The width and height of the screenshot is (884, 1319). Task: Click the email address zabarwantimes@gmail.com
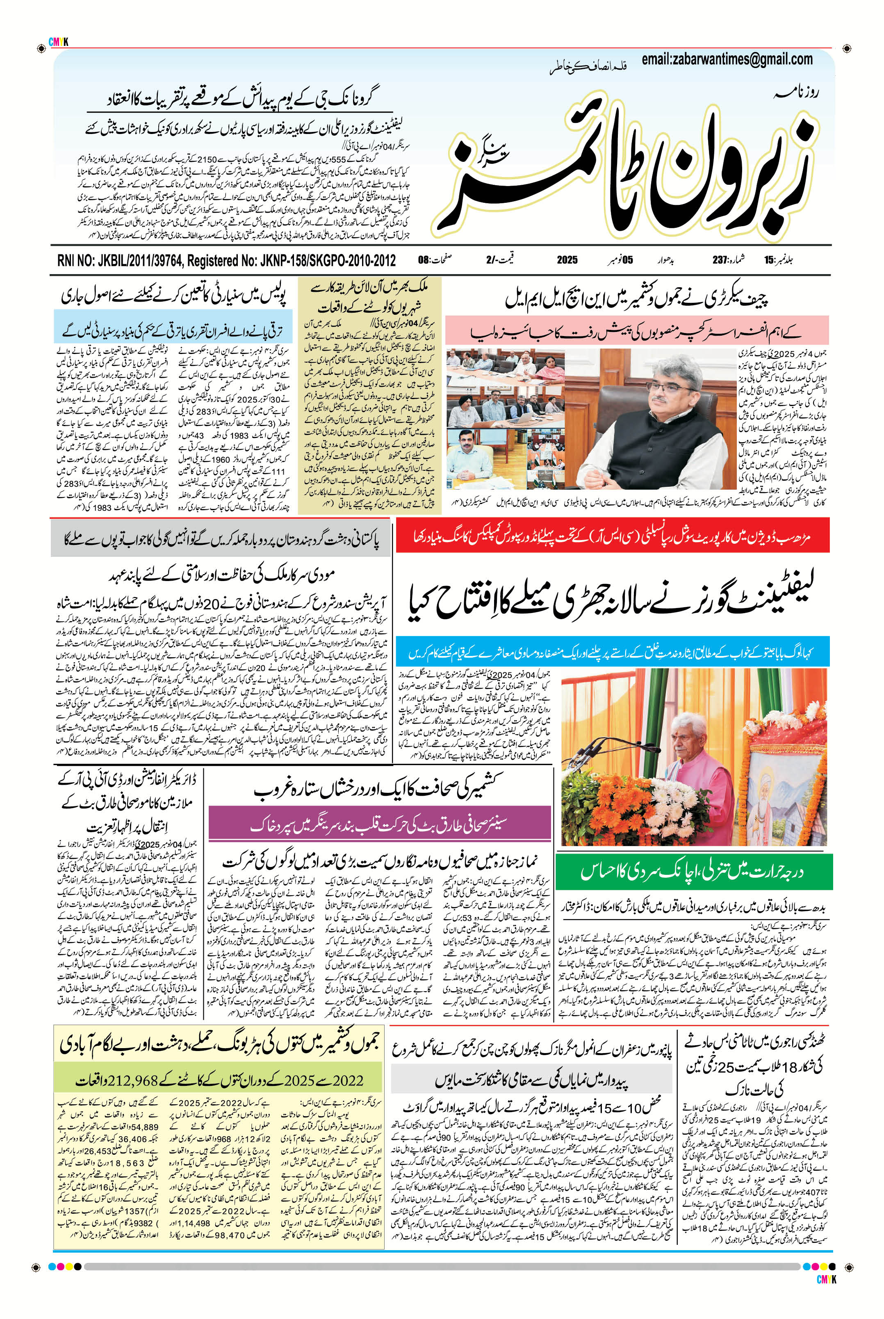tap(727, 59)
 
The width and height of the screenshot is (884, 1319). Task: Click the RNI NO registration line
tap(226, 260)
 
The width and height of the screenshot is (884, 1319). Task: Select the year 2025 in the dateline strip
tap(567, 260)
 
